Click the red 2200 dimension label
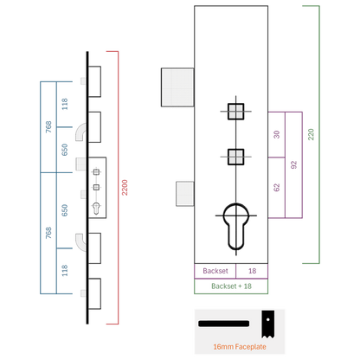pyautogui.click(x=125, y=188)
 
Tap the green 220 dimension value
pyautogui.click(x=311, y=134)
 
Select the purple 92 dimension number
pyautogui.click(x=293, y=164)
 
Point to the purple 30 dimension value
pyautogui.click(x=277, y=134)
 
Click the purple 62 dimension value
pyautogui.click(x=277, y=188)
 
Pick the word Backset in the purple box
pyautogui.click(x=215, y=271)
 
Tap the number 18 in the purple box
pyautogui.click(x=252, y=271)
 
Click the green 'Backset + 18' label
pyautogui.click(x=231, y=286)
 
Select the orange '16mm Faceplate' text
pyautogui.click(x=240, y=347)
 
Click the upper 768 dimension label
pyautogui.click(x=48, y=127)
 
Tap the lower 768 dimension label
pyautogui.click(x=48, y=233)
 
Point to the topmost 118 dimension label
pyautogui.click(x=65, y=104)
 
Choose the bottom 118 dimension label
pyautogui.click(x=65, y=271)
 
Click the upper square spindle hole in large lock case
pyautogui.click(x=236, y=112)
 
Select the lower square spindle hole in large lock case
pyautogui.click(x=236, y=157)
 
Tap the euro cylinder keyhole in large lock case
pyautogui.click(x=236, y=227)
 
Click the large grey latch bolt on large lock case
pyautogui.click(x=177, y=87)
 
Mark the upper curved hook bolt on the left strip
pyautogui.click(x=81, y=132)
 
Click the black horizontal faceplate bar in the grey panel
pyautogui.click(x=223, y=324)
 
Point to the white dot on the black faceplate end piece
pyautogui.click(x=268, y=319)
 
